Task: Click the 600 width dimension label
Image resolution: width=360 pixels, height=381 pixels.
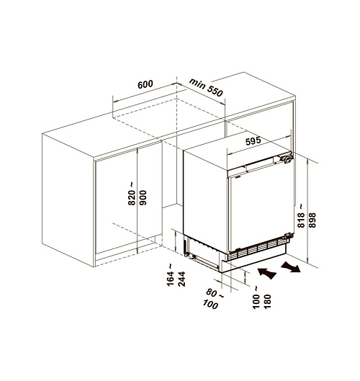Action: point(145,84)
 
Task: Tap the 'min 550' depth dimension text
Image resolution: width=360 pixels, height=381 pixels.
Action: point(206,87)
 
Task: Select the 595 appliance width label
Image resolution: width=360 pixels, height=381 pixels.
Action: point(253,141)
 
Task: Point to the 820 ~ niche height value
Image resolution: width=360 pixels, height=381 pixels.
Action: point(132,194)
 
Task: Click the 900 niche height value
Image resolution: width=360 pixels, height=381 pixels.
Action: point(143,197)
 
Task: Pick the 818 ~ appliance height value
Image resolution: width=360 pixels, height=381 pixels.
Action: point(301,216)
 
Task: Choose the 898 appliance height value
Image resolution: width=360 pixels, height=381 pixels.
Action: point(312,220)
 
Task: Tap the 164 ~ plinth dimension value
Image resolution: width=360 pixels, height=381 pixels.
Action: point(171,275)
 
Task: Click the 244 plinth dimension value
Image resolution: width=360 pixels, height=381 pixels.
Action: point(182,279)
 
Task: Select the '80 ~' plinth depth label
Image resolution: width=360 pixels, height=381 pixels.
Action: point(215,293)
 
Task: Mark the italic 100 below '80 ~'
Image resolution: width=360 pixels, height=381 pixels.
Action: point(210,304)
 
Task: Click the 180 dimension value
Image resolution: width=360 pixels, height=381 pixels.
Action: point(267,301)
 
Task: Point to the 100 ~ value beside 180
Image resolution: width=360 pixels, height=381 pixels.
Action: point(256,297)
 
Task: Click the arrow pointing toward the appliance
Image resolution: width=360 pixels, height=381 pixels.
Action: point(266,273)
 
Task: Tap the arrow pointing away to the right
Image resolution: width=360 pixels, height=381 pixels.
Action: point(291,266)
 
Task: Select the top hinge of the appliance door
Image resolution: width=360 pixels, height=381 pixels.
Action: point(287,159)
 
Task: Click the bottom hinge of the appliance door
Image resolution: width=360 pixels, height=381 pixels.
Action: point(289,236)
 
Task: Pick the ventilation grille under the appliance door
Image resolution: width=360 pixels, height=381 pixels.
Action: point(258,248)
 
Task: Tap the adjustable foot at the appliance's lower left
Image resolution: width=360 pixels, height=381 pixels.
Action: point(187,254)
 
